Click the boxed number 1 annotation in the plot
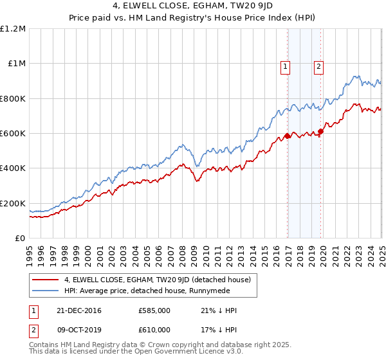pos(285,66)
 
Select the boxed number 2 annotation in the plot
pos(318,66)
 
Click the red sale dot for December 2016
pos(288,136)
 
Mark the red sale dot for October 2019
pos(320,132)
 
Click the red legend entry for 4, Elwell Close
pos(161,280)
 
